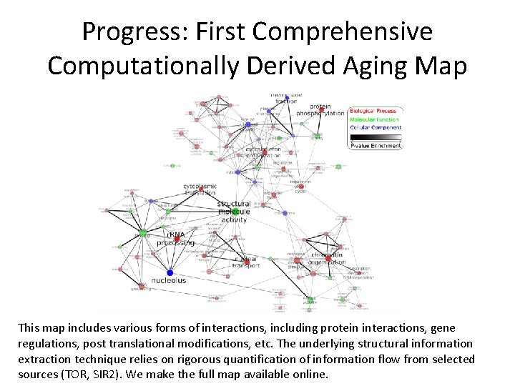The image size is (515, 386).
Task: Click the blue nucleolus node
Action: [x=170, y=272]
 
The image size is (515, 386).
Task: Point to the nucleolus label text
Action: [x=169, y=281]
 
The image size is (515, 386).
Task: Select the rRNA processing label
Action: [x=175, y=239]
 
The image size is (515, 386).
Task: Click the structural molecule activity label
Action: [x=234, y=212]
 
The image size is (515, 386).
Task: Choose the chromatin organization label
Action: [x=326, y=258]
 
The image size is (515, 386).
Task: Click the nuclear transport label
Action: [x=245, y=262]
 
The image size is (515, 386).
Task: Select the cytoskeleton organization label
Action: [x=263, y=152]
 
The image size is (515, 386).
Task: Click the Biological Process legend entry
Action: [x=373, y=112]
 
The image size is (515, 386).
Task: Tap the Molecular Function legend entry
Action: [x=375, y=119]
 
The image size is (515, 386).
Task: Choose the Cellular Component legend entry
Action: [x=376, y=128]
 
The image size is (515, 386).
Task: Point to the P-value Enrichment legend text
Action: [x=376, y=146]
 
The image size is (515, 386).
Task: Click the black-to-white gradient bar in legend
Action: [x=376, y=137]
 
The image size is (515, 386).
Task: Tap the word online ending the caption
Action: [x=308, y=373]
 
